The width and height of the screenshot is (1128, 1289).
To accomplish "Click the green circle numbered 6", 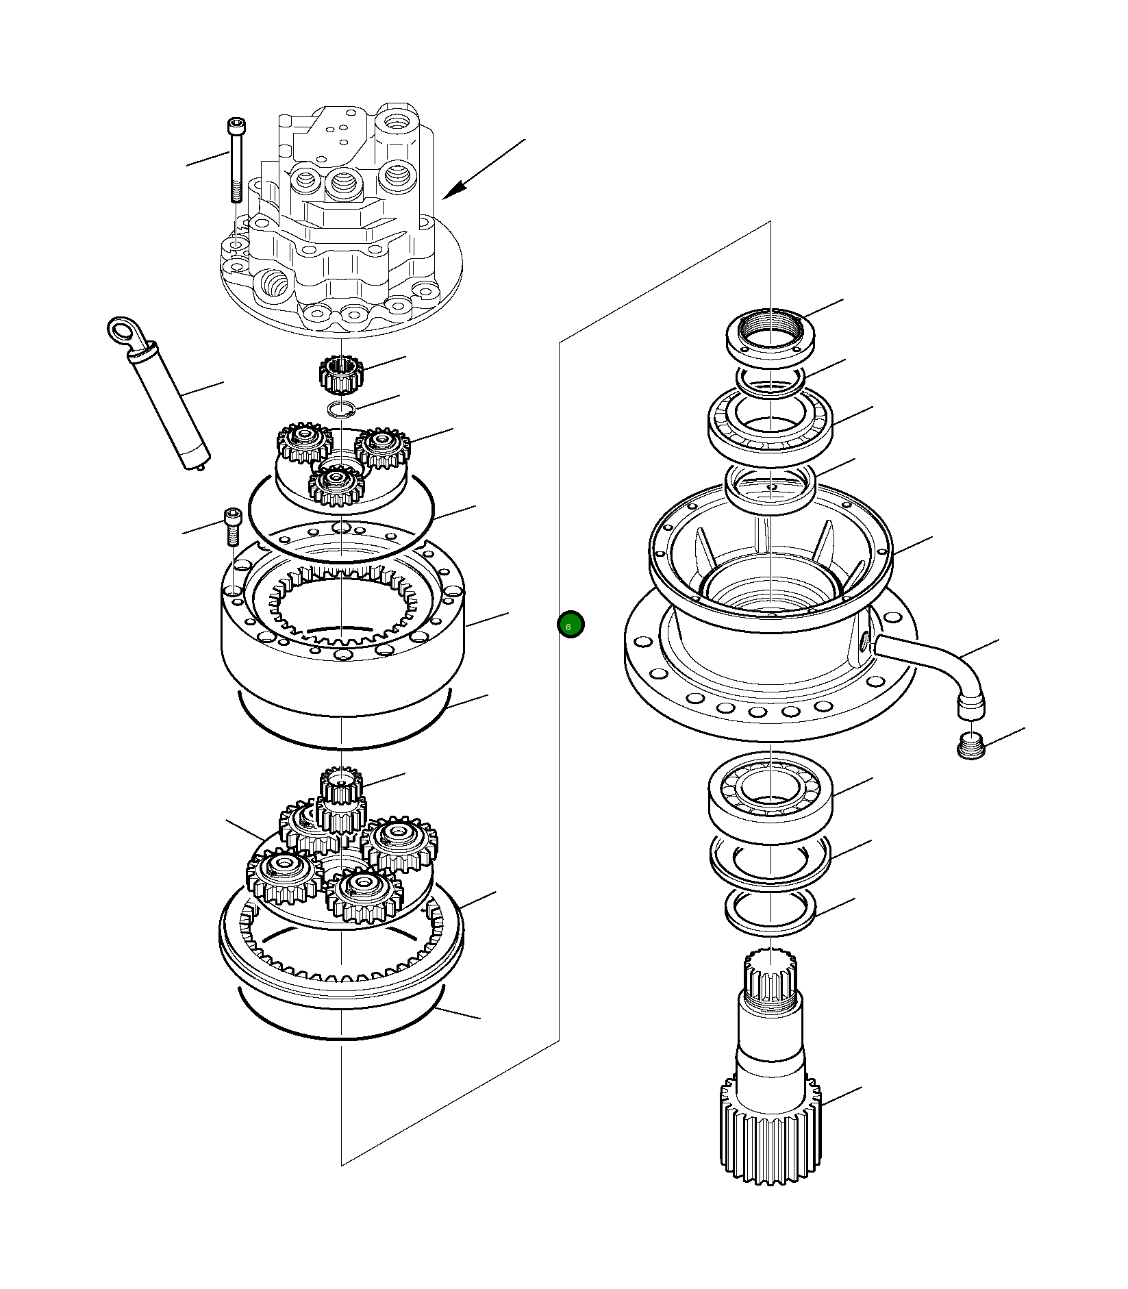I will [x=570, y=625].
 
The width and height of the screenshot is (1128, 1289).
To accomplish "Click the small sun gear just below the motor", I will [x=340, y=375].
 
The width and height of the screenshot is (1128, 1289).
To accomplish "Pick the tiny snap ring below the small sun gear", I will [x=340, y=410].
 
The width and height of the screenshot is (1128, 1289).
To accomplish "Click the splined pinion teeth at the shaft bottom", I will [x=770, y=1137].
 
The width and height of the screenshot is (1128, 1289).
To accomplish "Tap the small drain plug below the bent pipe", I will [x=970, y=745].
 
